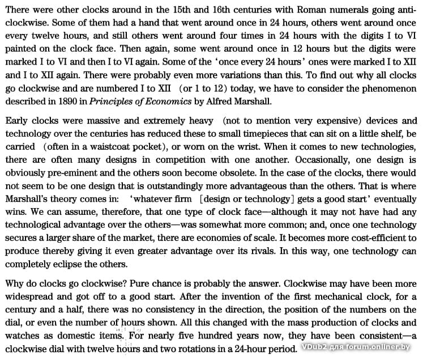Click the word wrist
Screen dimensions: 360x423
tap(247, 147)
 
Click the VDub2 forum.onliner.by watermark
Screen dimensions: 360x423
tap(356, 346)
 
